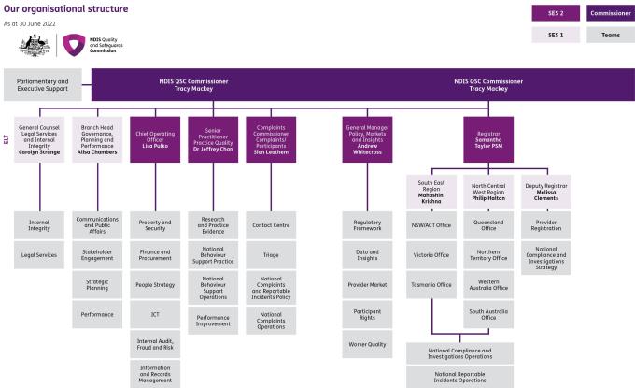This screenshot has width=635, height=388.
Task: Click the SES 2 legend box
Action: coord(556,13)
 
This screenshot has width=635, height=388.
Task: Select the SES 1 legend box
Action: coord(556,35)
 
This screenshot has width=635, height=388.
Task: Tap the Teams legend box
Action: coord(611,35)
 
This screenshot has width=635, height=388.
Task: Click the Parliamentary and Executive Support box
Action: coord(43,85)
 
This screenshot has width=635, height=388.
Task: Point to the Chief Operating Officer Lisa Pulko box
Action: coord(155,139)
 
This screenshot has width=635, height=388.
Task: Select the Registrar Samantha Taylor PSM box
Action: coord(488,139)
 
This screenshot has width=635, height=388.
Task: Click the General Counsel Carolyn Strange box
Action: coord(39,139)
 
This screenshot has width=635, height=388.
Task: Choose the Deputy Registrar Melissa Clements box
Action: coord(546,193)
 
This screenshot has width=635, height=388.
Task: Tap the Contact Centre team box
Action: coord(271,225)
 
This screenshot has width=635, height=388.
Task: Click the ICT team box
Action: coord(155,314)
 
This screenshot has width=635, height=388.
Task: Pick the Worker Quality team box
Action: coord(367,344)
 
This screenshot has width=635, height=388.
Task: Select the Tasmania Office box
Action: coord(431,284)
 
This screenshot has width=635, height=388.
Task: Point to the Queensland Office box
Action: coord(488,225)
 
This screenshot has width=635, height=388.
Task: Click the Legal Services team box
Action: coord(39,255)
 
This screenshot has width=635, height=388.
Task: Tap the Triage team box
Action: coord(271,255)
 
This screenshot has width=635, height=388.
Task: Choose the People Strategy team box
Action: coord(155,284)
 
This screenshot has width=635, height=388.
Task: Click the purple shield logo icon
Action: coord(74,45)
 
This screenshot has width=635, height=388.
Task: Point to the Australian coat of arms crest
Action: coord(35,46)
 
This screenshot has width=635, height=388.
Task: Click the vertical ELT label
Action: coord(7,139)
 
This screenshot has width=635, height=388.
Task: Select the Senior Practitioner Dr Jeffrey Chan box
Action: coord(213,139)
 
